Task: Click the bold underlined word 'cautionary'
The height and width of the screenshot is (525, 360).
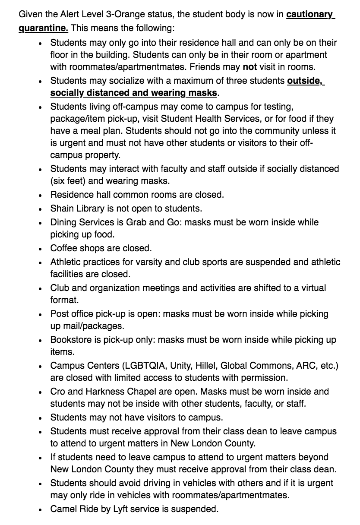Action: [310, 15]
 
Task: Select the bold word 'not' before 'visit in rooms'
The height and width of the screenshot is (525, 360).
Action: [250, 67]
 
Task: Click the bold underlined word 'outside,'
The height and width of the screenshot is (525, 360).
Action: [306, 81]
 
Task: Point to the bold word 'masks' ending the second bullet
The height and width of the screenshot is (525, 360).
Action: [202, 93]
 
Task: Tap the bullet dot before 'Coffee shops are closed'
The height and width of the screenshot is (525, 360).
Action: [40, 249]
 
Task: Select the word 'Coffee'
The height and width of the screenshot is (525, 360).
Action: [65, 248]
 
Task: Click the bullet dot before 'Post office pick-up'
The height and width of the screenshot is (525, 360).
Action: [40, 314]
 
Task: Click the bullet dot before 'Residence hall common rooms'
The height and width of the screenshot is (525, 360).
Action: [40, 195]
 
